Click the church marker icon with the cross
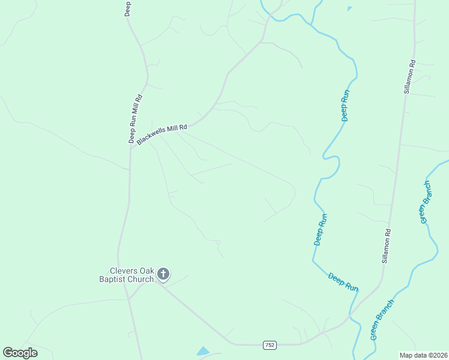click(x=163, y=274)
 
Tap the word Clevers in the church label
click(x=115, y=271)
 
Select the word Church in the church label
click(x=140, y=279)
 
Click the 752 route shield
click(x=270, y=344)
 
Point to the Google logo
click(x=20, y=353)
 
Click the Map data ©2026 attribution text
click(x=423, y=355)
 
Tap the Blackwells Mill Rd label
click(x=162, y=134)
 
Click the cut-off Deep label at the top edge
click(x=128, y=8)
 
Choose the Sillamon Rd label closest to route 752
click(x=387, y=246)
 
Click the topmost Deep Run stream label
click(x=345, y=105)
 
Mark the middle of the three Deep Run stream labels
click(x=321, y=229)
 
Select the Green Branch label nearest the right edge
click(x=425, y=202)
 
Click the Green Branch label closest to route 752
click(x=382, y=319)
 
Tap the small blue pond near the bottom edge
click(x=203, y=351)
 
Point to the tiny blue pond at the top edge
click(x=349, y=8)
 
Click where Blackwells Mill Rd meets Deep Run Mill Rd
click(x=131, y=146)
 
